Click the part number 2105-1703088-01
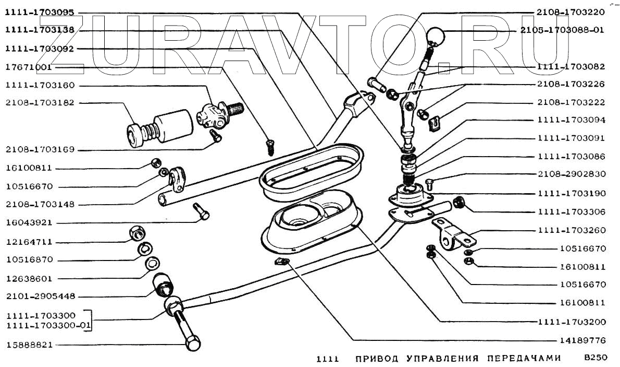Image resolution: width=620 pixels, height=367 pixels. pyautogui.click(x=562, y=30)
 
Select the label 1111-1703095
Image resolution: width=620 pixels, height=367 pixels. pyautogui.click(x=40, y=13)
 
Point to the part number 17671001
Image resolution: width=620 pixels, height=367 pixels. pyautogui.click(x=28, y=67)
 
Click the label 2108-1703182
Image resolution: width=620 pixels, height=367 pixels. pyautogui.click(x=40, y=103)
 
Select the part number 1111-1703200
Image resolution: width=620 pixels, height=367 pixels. pyautogui.click(x=572, y=322)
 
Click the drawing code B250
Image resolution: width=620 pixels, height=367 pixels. pyautogui.click(x=596, y=359)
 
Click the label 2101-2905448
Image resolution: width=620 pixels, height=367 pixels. pyautogui.click(x=40, y=296)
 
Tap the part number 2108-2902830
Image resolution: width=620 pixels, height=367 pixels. pyautogui.click(x=572, y=175)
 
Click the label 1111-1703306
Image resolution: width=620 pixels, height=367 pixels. pyautogui.click(x=572, y=212)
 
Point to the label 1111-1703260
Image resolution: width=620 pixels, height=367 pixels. pyautogui.click(x=572, y=230)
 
